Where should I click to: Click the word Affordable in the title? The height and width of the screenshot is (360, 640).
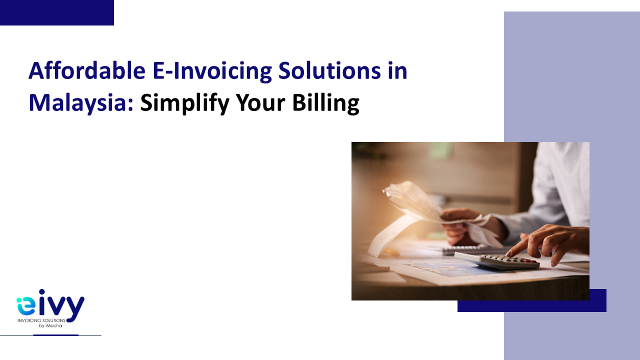[x=87, y=70]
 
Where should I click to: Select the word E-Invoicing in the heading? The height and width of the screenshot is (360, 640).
[x=212, y=71]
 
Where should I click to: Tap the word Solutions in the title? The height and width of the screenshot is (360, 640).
[x=329, y=70]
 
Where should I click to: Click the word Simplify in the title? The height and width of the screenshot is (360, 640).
[x=185, y=103]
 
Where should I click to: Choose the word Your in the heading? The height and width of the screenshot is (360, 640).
[x=260, y=103]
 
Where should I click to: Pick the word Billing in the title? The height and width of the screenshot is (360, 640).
[x=325, y=103]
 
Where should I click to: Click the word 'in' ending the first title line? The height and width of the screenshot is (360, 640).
[x=397, y=70]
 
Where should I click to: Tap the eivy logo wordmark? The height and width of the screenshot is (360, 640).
[x=50, y=305]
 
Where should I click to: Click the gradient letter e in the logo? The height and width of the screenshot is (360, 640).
[x=26, y=306]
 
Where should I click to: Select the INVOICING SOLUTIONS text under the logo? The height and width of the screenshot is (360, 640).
[x=41, y=320]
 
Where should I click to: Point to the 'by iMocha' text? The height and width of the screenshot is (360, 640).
[x=50, y=325]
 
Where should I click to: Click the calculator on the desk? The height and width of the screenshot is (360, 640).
[x=497, y=260]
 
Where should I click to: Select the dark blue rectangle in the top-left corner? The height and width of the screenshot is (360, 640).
[x=57, y=12]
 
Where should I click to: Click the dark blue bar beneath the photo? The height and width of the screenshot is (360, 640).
[x=532, y=305]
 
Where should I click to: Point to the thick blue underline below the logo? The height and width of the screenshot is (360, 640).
[x=56, y=335]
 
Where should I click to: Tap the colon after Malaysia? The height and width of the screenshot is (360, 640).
[x=130, y=104]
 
